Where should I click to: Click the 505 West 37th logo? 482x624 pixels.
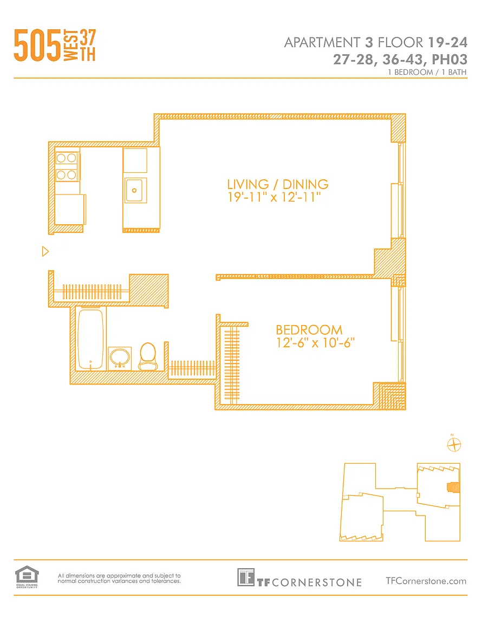(x=55, y=45)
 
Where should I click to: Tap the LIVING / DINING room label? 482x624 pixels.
(x=278, y=184)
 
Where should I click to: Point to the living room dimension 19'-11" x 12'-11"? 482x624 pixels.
(x=274, y=197)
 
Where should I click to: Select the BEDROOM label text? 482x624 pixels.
(x=309, y=330)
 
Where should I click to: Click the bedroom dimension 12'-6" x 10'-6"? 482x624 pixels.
(x=315, y=343)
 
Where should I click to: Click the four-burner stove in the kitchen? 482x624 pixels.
(x=67, y=167)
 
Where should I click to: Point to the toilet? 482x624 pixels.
(x=148, y=356)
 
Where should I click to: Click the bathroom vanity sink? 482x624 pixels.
(x=120, y=359)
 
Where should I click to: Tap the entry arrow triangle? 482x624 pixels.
(x=45, y=251)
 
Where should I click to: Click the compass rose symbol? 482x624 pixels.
(x=454, y=445)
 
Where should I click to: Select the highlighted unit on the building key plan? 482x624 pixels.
(x=453, y=487)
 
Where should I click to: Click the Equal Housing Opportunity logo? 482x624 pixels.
(x=27, y=577)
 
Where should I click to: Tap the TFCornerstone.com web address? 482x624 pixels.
(x=426, y=581)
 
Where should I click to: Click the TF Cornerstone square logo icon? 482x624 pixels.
(x=245, y=577)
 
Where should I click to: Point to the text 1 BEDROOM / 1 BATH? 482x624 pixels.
(x=427, y=72)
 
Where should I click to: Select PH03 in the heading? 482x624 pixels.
(x=450, y=59)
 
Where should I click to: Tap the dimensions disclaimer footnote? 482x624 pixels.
(x=119, y=578)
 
